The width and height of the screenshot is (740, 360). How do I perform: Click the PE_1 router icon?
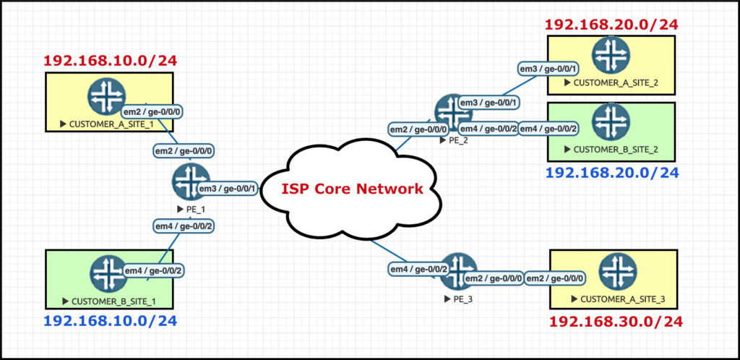[x=191, y=181]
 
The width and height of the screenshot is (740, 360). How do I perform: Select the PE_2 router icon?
[x=453, y=113]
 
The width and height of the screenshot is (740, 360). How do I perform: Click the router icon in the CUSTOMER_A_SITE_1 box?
[x=107, y=97]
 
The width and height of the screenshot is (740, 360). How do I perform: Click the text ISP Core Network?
[x=352, y=189]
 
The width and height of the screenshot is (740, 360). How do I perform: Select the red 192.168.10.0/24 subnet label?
[x=111, y=61]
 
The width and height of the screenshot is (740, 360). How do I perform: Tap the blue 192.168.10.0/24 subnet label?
[x=110, y=320]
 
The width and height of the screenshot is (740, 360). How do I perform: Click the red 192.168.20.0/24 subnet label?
[x=611, y=25]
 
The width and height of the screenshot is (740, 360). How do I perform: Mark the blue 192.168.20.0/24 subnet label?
[x=611, y=173]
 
